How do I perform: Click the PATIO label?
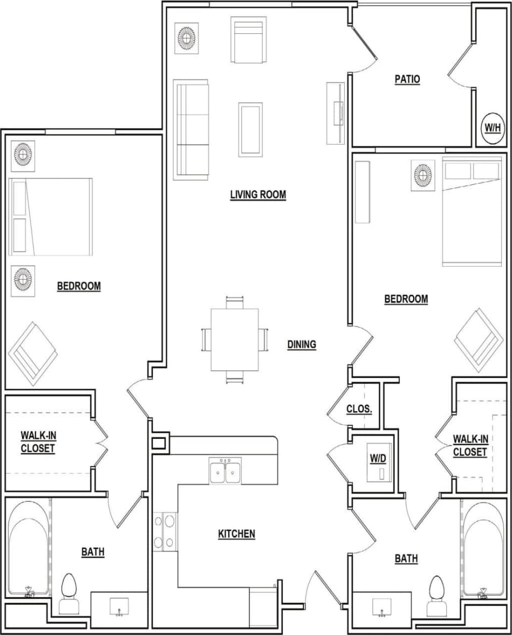coord(407,80)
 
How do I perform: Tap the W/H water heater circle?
coord(493,128)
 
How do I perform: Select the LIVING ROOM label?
coord(258,195)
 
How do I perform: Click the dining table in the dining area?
coord(234,340)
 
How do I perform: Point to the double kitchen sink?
coord(225,471)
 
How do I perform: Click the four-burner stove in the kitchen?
coord(165,531)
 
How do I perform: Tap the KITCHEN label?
coord(236,534)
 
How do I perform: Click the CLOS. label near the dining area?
coord(359,409)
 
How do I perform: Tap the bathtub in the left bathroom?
coord(29,546)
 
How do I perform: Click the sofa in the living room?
coord(191,130)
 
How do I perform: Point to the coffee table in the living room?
coord(250,130)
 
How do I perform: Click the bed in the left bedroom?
coord(51,217)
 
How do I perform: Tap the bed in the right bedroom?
coord(471,211)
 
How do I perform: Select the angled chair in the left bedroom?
coord(32,352)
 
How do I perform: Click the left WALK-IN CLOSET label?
coord(38,441)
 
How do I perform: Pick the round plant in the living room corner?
coord(187,38)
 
